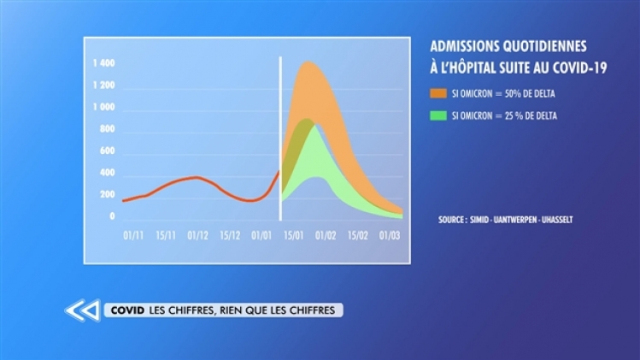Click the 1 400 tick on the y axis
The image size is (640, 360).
click(x=103, y=64)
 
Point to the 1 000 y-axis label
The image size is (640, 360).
click(x=103, y=108)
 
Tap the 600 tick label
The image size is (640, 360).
click(x=106, y=151)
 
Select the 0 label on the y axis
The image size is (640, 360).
click(x=112, y=217)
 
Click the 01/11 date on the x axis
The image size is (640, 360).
click(x=132, y=233)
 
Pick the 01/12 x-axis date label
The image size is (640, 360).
click(x=197, y=233)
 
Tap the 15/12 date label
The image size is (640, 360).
click(x=230, y=233)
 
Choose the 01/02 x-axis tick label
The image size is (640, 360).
click(x=326, y=233)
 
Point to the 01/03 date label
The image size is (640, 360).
click(x=390, y=233)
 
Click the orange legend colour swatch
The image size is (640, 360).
click(x=437, y=93)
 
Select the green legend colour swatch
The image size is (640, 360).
click(x=437, y=115)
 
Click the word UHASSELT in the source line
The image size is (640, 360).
click(x=555, y=220)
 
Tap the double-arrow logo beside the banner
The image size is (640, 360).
click(x=81, y=310)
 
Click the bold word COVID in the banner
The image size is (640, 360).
click(x=124, y=310)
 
